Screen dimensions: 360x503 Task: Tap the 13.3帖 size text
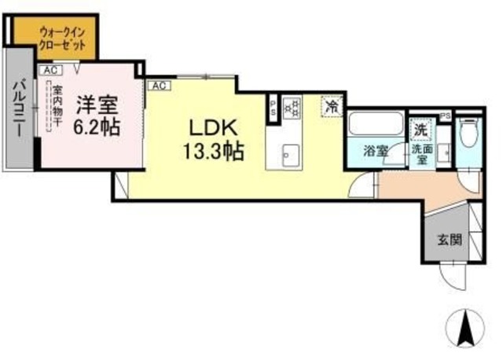pyautogui.click(x=208, y=151)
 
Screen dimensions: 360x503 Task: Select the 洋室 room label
pyautogui.click(x=97, y=104)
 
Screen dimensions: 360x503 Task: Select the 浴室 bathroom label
pyautogui.click(x=374, y=151)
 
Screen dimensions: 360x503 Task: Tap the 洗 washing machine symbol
pyautogui.click(x=420, y=129)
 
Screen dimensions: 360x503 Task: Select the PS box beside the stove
pyautogui.click(x=273, y=105)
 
